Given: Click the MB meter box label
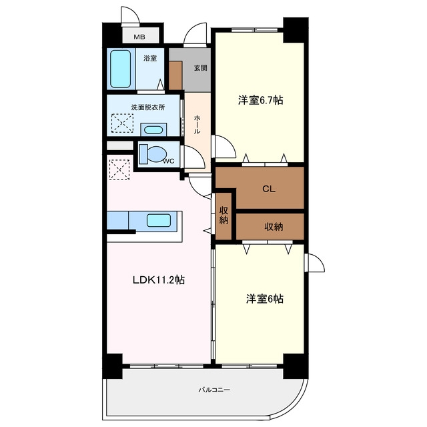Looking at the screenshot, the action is coord(139,37).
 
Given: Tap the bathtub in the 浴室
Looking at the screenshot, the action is coord(120,69).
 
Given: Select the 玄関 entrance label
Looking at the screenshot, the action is coord(200,68).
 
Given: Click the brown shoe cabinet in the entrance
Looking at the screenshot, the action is coord(175,75).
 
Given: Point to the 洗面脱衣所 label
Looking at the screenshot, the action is coord(148,107).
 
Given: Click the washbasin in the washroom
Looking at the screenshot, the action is coord(153,129).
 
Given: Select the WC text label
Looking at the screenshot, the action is coord(169,161).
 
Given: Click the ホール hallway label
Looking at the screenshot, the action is coord(197,125).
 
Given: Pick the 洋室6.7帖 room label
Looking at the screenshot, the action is coord(261,100).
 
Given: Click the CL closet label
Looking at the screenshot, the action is coord(269,189).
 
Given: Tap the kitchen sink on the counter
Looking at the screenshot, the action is coord(159,220).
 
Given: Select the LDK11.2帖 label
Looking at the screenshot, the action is coord(159,280).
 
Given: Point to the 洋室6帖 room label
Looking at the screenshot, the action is coord(265,299).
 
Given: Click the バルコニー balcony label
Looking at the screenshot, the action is coord(214,390).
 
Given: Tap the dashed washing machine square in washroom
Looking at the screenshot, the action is coord(122,123).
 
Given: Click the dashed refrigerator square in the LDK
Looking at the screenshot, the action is coord(119,169).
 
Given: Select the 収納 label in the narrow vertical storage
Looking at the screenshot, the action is coord(224,216).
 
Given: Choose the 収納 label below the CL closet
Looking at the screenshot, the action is coord(274,227).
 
